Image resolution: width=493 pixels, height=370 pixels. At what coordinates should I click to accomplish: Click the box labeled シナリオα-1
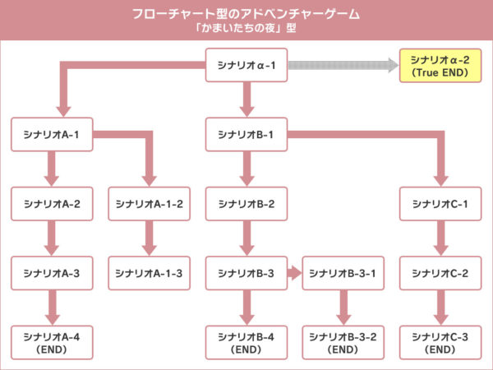click(246, 65)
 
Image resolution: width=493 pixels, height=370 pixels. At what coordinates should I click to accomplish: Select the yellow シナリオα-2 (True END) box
click(439, 65)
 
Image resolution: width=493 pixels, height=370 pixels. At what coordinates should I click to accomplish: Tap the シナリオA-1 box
click(52, 134)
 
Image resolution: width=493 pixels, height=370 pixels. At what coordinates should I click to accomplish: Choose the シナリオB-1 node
click(246, 134)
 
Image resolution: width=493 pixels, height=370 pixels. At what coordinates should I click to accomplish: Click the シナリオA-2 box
click(52, 204)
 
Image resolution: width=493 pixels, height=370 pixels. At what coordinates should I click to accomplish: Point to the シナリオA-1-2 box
click(149, 204)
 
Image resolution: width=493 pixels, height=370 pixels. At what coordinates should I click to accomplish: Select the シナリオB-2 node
click(246, 204)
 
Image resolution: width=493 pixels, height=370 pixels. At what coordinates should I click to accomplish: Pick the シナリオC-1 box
click(440, 204)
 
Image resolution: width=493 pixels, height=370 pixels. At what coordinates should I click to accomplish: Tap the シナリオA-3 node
click(52, 273)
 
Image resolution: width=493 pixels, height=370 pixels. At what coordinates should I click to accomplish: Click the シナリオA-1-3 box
click(149, 273)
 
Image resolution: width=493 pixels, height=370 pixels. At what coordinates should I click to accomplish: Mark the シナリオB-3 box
click(246, 273)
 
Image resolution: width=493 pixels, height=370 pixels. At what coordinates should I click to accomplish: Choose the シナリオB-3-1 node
click(343, 273)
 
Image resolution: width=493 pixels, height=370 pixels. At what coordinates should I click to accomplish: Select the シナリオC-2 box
click(440, 273)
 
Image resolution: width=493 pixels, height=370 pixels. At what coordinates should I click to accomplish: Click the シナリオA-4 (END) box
click(52, 342)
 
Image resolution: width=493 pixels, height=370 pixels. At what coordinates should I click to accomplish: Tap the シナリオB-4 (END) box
click(246, 342)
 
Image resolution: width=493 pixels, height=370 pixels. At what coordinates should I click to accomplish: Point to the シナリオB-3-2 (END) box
click(343, 342)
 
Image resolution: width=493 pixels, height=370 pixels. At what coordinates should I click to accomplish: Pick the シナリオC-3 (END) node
click(440, 342)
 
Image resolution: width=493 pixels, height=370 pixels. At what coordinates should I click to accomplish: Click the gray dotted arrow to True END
click(341, 65)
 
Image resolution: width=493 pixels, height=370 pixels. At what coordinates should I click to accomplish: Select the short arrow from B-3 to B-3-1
click(293, 273)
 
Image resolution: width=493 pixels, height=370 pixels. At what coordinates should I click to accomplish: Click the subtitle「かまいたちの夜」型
click(246, 29)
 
